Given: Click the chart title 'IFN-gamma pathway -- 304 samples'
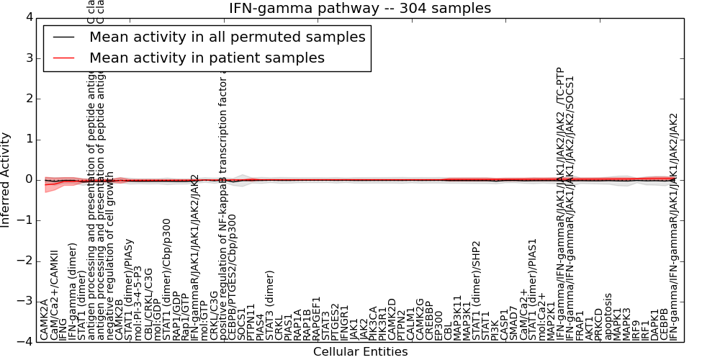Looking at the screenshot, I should coord(360,8).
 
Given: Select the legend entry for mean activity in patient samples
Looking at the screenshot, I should coord(207,58).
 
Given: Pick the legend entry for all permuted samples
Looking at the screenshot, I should coord(227,37).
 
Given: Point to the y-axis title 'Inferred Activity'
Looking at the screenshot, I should coord(6,179).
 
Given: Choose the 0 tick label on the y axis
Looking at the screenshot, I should coord(27,179).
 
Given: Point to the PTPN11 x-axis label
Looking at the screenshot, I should coord(251,321).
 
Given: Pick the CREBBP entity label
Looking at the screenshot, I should coord(429,320).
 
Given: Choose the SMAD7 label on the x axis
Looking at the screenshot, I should coord(514,323).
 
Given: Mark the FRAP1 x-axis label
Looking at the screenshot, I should coord(580,325).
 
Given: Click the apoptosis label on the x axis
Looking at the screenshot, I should coord(608,317).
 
